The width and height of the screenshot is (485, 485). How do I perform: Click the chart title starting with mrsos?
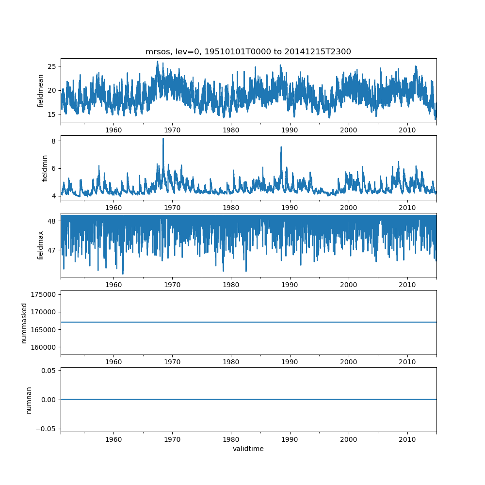pyautogui.click(x=248, y=52)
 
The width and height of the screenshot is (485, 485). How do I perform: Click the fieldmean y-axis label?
pyautogui.click(x=41, y=91)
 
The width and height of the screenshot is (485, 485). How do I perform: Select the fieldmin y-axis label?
pyautogui.click(x=45, y=168)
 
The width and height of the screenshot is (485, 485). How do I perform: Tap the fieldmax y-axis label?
pyautogui.click(x=41, y=245)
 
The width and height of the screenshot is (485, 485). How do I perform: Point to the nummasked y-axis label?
pyautogui.click(x=24, y=323)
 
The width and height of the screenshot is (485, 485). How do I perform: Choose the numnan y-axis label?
pyautogui.click(x=29, y=400)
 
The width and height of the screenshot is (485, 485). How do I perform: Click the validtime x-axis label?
pyautogui.click(x=248, y=449)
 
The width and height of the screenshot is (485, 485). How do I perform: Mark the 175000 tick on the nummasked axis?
pyautogui.click(x=44, y=294)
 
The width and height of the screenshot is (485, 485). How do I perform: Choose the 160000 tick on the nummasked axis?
pyautogui.click(x=44, y=347)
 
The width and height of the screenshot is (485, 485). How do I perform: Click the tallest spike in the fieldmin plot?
pyautogui.click(x=163, y=139)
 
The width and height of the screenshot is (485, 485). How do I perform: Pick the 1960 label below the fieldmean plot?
pyautogui.click(x=113, y=130)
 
